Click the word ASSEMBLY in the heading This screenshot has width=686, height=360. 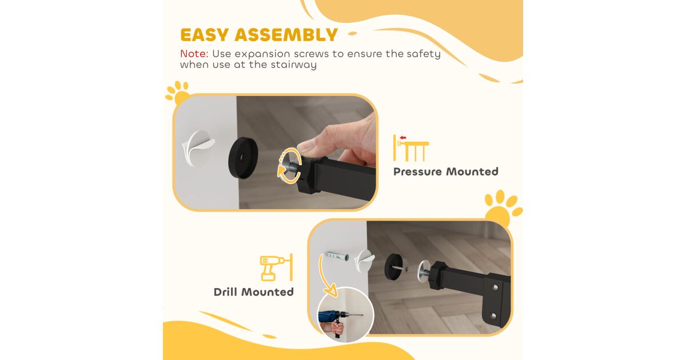(286, 35)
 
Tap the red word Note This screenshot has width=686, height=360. (194, 54)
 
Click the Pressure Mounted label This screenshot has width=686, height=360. (445, 172)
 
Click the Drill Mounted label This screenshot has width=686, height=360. (254, 292)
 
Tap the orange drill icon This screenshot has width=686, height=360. (276, 267)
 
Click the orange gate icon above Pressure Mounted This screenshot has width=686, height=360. (411, 148)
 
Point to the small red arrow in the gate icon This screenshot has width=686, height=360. (402, 138)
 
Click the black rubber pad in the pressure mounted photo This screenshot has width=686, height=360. (243, 157)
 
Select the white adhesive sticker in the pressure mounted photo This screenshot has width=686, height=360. (198, 149)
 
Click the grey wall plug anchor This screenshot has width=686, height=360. (337, 255)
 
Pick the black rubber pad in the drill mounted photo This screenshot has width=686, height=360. (394, 266)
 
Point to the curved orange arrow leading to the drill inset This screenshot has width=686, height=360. (322, 277)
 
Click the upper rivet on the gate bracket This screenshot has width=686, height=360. (495, 287)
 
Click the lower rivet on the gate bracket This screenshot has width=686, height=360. (493, 315)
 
